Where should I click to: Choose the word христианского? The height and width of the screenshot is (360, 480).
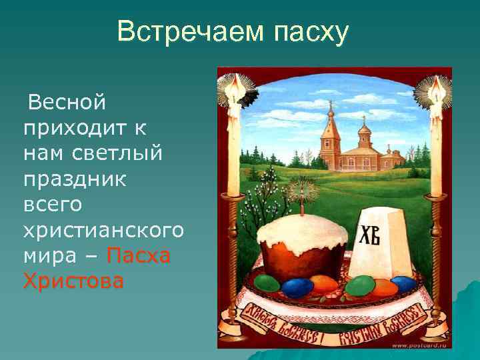pyautogui.click(x=103, y=231)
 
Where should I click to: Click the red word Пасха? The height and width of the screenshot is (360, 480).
pyautogui.click(x=139, y=257)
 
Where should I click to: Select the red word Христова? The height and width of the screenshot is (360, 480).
pyautogui.click(x=73, y=282)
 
